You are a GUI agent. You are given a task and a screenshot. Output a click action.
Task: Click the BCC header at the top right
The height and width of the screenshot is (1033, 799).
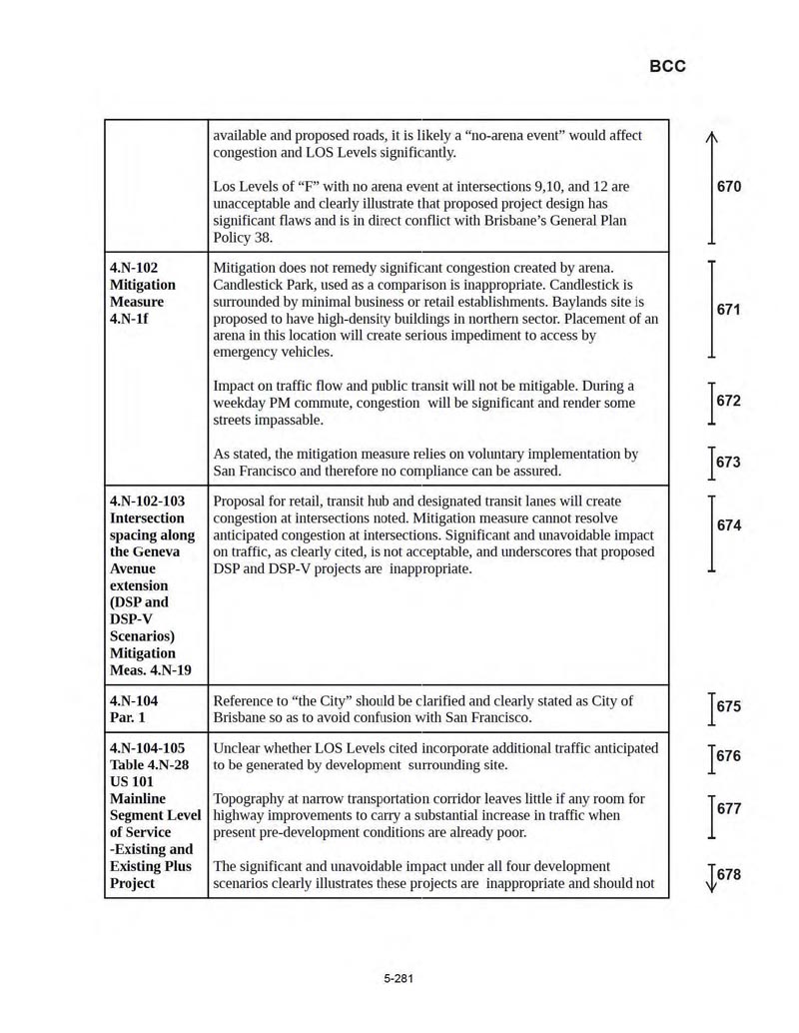pyautogui.click(x=667, y=67)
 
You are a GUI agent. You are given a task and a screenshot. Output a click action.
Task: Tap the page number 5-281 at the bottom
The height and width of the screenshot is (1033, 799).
pyautogui.click(x=398, y=978)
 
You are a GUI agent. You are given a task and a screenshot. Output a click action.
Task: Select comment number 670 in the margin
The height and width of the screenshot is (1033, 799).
pyautogui.click(x=729, y=187)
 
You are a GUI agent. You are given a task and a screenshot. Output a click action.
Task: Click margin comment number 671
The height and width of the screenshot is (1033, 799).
pyautogui.click(x=729, y=310)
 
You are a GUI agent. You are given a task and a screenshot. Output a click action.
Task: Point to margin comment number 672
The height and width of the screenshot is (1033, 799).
pyautogui.click(x=729, y=402)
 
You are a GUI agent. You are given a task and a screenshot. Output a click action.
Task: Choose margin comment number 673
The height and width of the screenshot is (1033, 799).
pyautogui.click(x=729, y=463)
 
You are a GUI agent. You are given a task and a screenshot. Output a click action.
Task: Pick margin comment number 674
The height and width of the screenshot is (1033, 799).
pyautogui.click(x=729, y=525)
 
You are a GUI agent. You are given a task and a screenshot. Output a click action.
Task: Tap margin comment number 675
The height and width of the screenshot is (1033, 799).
pyautogui.click(x=729, y=706)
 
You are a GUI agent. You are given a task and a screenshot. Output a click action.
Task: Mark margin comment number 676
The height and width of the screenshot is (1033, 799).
pyautogui.click(x=729, y=756)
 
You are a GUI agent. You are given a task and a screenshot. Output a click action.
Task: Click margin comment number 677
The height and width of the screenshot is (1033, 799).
pyautogui.click(x=729, y=809)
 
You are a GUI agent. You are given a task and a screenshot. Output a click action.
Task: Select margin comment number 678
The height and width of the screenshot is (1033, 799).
pyautogui.click(x=729, y=875)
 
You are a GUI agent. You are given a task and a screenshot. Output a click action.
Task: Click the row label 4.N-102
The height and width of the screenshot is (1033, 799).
pyautogui.click(x=134, y=268)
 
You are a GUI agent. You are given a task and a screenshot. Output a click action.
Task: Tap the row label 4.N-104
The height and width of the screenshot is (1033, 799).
pyautogui.click(x=134, y=700)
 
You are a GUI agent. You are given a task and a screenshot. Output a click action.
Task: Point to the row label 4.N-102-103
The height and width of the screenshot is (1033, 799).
pyautogui.click(x=148, y=501)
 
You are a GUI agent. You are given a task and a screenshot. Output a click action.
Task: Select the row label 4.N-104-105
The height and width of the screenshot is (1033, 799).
pyautogui.click(x=148, y=748)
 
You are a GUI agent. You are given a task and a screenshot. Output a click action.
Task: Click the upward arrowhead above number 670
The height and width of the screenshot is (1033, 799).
pyautogui.click(x=711, y=138)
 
